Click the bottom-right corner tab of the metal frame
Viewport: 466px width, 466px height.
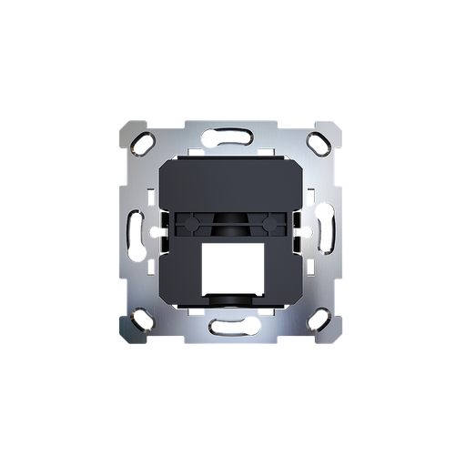point(329,334)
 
